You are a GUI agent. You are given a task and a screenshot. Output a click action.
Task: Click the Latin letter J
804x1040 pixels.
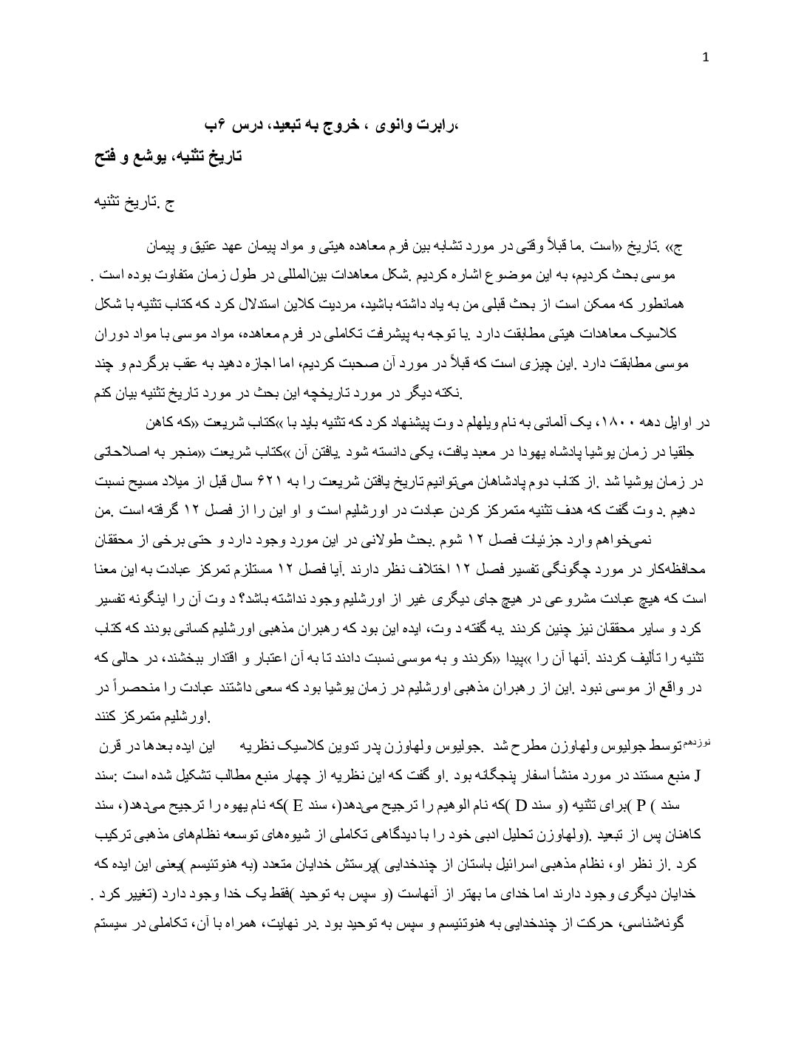click(698, 777)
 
